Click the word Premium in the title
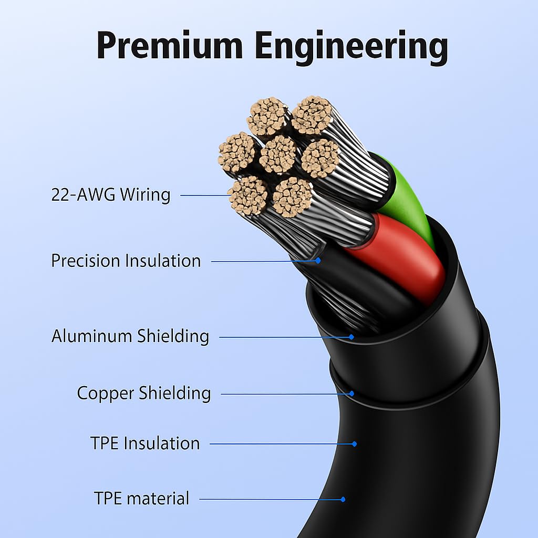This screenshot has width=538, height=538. tap(170, 46)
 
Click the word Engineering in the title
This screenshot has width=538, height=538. tap(351, 48)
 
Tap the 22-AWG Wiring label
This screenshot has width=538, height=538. tap(110, 195)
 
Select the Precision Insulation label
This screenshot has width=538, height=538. tap(126, 261)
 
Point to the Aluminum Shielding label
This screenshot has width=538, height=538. tap(130, 336)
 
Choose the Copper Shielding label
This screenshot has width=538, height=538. tap(144, 393)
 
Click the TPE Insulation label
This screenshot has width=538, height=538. tap(145, 443)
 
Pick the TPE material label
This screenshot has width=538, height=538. tap(141, 499)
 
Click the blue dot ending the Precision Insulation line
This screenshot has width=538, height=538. tap(318, 261)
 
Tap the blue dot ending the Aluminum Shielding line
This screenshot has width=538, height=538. tap(351, 337)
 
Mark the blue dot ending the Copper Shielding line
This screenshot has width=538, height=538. tap(351, 394)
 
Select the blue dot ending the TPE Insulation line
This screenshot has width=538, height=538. tap(355, 444)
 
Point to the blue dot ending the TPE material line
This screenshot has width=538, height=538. tap(343, 499)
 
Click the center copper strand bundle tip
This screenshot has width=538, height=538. tap(278, 154)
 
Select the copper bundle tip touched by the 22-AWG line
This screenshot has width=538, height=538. tap(248, 196)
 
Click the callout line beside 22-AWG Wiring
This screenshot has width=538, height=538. tap(205, 195)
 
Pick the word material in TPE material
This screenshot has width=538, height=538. tap(159, 499)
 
